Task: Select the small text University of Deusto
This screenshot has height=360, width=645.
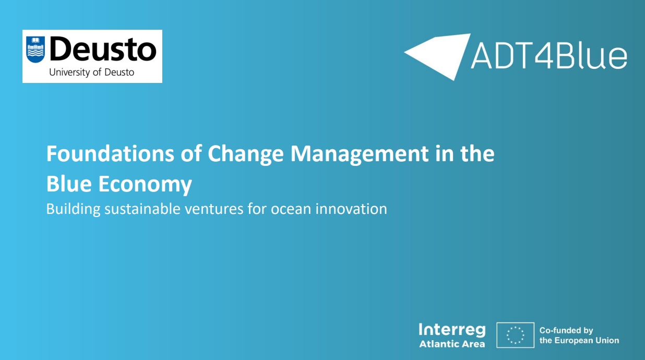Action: point(91,73)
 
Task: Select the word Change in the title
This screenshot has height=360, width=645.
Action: point(246,154)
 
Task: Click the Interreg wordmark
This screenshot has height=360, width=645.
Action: point(451,330)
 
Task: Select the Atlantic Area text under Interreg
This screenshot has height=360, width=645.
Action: point(452,344)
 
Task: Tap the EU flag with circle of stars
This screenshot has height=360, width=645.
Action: point(515,335)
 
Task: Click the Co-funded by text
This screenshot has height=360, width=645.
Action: point(566,330)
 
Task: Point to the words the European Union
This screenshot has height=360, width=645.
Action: point(579,341)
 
